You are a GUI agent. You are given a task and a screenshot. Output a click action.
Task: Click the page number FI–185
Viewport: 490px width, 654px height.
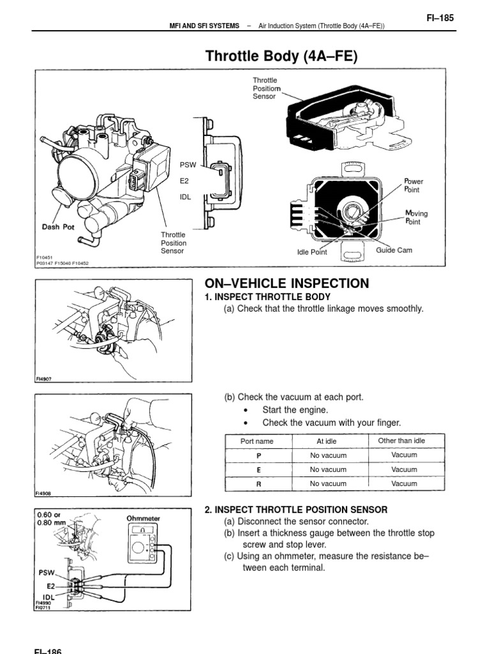(x=440, y=19)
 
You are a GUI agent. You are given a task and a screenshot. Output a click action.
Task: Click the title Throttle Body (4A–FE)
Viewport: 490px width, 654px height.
(x=281, y=56)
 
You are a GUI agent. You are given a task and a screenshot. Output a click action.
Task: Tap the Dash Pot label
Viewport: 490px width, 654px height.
(x=59, y=226)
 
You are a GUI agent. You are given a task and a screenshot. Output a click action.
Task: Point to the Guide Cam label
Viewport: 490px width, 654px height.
(x=394, y=250)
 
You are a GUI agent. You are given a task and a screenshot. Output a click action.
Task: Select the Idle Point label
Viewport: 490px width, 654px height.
(x=312, y=252)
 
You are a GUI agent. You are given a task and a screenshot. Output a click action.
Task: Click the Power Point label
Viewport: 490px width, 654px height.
(x=413, y=186)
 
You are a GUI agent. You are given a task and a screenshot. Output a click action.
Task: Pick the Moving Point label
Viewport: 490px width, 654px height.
(x=416, y=217)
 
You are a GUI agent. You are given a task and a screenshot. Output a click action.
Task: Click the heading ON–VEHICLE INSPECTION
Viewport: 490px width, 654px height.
(x=286, y=284)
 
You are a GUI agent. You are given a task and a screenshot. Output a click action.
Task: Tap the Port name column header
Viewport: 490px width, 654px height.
(x=256, y=441)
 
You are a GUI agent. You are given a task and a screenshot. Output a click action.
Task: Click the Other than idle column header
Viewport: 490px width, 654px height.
(x=401, y=441)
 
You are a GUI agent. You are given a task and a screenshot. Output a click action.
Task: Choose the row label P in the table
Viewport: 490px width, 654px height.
(x=258, y=455)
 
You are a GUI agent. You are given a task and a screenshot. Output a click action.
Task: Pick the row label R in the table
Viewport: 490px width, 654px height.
(x=258, y=484)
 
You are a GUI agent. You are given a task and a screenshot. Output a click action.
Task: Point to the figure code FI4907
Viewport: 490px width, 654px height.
(x=43, y=379)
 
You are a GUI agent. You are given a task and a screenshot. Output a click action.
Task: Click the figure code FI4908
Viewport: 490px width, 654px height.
(x=43, y=493)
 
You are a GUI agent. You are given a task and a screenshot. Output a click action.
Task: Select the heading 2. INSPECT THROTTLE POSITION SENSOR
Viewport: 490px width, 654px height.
(x=295, y=510)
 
